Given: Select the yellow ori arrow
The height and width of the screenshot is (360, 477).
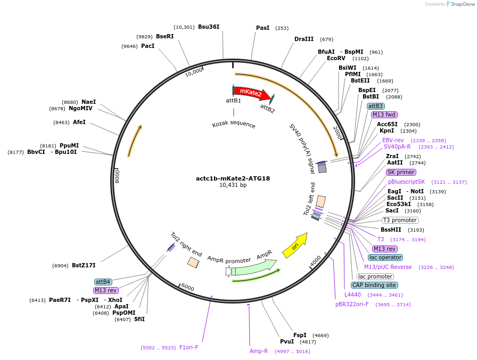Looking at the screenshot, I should pos(294,246).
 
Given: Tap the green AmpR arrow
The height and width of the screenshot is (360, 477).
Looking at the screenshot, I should pos(256,266).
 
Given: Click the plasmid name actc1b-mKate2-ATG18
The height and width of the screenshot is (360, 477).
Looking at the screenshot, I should pos(233,178).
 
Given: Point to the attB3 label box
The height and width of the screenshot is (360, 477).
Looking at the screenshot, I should pos(375,106).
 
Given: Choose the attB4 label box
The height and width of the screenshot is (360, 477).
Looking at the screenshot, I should pos(103,282).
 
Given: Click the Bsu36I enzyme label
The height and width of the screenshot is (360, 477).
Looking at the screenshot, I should pos(209,27).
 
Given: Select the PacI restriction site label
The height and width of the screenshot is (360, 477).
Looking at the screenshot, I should pos(147,46).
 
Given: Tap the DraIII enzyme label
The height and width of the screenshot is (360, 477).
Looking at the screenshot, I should pos(304,39).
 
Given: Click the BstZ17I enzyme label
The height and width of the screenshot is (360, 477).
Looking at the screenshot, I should pos(84,265).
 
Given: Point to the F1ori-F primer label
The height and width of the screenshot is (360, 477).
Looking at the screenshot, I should pos(189,347).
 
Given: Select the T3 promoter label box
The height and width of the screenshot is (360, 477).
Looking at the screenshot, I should pos(400,220).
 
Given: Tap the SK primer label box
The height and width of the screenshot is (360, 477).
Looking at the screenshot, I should pos(401,172).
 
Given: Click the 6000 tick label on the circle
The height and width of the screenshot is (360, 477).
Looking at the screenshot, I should pos(188,288).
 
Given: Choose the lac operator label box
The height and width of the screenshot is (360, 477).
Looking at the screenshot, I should pos(385,257).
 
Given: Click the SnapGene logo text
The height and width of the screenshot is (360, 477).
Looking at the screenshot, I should pos(460,4).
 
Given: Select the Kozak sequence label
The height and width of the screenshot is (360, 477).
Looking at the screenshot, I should pos(234,125).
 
